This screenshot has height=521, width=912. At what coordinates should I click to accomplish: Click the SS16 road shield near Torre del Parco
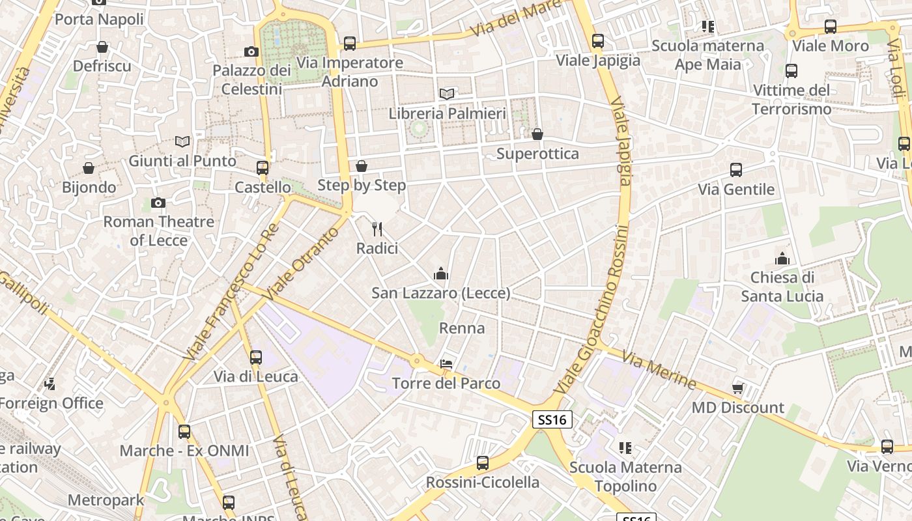click(x=552, y=419)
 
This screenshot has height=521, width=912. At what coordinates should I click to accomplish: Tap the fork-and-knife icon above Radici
click(x=377, y=229)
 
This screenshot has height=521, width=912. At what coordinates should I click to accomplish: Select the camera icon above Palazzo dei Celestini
click(x=251, y=51)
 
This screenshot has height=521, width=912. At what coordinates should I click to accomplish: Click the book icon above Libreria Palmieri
click(x=446, y=94)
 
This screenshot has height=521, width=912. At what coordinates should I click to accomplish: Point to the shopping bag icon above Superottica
click(x=537, y=135)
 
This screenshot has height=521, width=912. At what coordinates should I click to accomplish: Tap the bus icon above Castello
click(x=263, y=168)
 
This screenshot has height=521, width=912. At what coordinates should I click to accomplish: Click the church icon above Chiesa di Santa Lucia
click(x=782, y=259)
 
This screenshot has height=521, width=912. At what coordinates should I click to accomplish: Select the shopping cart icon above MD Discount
click(x=737, y=389)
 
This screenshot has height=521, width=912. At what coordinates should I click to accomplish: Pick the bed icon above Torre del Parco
click(x=446, y=363)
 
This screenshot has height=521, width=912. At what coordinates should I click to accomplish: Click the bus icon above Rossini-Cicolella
click(x=482, y=463)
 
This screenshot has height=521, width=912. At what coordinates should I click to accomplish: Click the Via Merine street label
click(x=659, y=369)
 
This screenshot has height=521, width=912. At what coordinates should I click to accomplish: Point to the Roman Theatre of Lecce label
click(x=158, y=231)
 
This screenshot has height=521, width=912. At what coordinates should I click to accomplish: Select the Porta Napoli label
click(x=99, y=19)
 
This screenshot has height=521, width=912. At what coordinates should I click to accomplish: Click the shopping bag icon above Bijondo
click(x=89, y=168)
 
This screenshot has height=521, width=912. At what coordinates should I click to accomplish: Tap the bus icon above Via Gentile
click(x=736, y=170)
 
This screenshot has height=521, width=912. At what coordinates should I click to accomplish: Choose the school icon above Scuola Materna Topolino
click(x=625, y=448)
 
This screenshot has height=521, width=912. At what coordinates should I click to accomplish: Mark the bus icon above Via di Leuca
click(x=256, y=357)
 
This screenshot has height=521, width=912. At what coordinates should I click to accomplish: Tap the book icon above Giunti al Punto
click(x=182, y=141)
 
